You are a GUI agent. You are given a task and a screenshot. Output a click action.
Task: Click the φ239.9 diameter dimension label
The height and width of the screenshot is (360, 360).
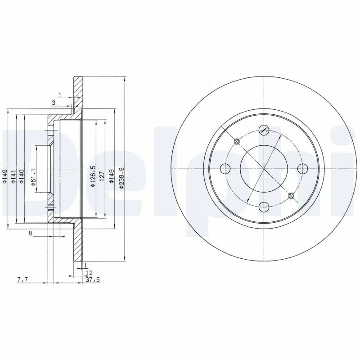click(121, 178)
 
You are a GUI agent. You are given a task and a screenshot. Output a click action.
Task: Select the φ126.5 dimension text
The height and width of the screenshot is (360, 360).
click(93, 177)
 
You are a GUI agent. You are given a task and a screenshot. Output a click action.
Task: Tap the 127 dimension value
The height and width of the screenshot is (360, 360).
click(102, 175)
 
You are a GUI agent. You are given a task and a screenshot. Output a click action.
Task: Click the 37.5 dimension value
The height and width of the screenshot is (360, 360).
click(92, 279)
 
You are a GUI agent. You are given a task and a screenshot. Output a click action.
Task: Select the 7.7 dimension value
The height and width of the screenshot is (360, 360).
click(22, 279)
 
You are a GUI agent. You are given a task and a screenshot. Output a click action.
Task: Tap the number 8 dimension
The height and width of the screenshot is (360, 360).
click(30, 233)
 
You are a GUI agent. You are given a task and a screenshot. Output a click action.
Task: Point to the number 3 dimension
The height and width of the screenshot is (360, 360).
click(54, 103)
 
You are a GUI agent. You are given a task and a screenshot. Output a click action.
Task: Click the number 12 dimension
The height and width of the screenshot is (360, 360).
click(89, 273)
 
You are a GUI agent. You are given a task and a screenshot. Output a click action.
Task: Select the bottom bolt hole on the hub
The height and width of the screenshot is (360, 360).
click(264, 207)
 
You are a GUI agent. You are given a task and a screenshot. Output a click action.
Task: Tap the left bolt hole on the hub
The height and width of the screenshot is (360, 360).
click(226, 169)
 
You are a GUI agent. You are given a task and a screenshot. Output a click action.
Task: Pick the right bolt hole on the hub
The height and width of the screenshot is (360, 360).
click(302, 169)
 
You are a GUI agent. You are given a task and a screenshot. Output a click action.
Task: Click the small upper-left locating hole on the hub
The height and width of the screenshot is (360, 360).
click(237, 142)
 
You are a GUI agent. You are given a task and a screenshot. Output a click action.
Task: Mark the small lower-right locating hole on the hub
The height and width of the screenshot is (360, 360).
click(291, 195)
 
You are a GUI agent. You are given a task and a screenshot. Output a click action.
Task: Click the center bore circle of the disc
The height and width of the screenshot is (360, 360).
click(264, 169)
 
